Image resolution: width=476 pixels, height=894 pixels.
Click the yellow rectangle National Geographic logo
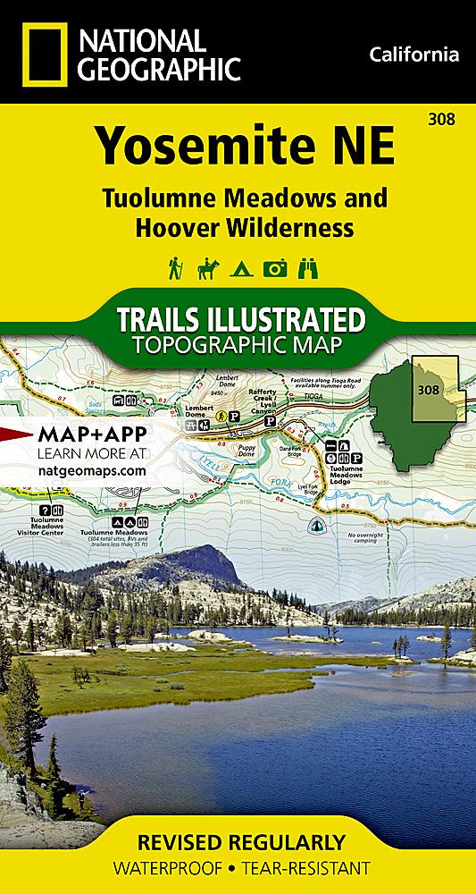(x=43, y=54)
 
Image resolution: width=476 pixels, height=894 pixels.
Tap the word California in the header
(x=413, y=55)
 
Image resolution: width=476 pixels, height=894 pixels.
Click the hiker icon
(x=175, y=268)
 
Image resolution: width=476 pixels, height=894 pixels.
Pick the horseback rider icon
(x=207, y=268)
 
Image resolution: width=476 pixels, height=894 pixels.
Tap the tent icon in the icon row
(x=239, y=269)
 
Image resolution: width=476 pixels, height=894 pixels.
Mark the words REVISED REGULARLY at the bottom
(x=238, y=842)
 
